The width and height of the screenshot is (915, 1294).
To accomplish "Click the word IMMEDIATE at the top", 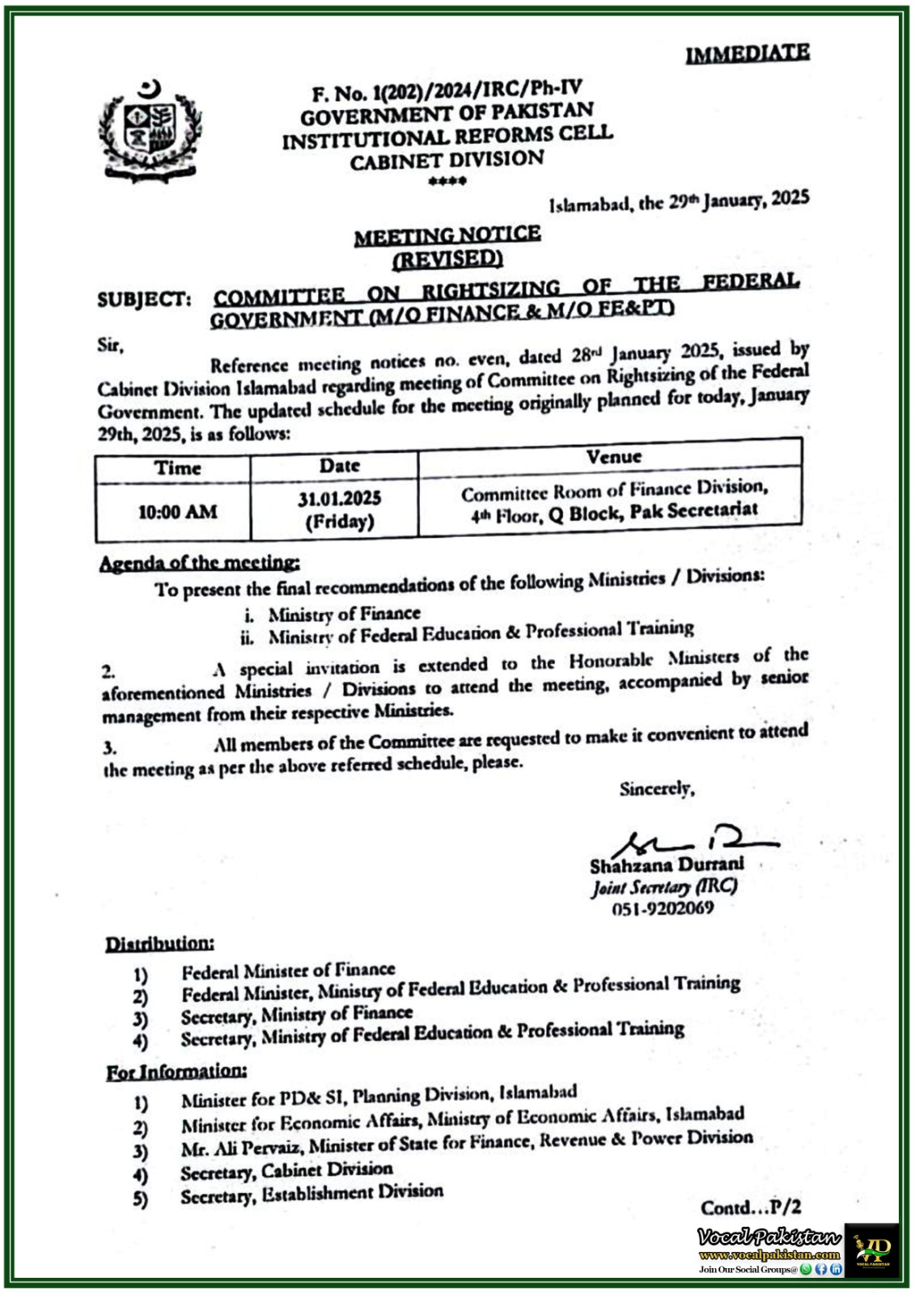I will point(747,53).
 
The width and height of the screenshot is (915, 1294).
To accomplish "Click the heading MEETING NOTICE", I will point(447,235).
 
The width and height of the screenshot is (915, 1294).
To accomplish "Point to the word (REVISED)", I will point(447,259).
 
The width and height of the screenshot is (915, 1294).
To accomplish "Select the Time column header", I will point(177,468).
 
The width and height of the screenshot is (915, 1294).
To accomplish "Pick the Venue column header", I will point(613,457).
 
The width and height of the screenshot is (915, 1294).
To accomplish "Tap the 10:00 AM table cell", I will point(177,511).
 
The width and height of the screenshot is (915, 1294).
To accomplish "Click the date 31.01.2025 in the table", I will point(339,498).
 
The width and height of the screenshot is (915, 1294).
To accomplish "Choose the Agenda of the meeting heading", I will point(199,563).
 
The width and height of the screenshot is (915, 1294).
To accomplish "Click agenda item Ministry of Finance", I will point(344,614).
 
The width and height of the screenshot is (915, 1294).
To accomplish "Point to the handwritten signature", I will point(688,842).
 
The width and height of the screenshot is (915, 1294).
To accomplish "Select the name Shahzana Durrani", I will point(666,865).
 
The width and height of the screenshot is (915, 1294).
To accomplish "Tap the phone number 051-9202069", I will point(663,908).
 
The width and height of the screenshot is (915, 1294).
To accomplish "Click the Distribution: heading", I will point(160,944).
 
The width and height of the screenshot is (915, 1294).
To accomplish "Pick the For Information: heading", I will point(176,1072).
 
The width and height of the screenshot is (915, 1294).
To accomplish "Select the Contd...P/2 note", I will point(751,1207).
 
